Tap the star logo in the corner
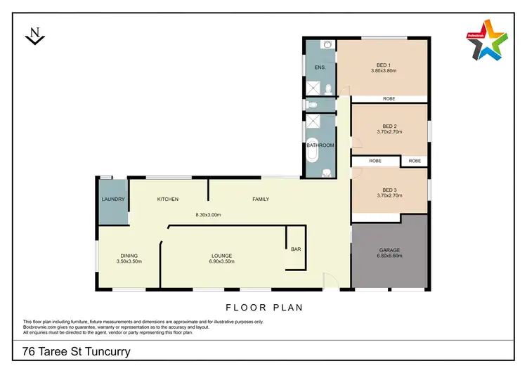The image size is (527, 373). [487, 43]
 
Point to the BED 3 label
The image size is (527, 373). [390, 190]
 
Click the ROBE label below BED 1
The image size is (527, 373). [389, 99]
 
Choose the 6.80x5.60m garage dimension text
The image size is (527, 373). [390, 256]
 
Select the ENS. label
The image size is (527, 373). [319, 67]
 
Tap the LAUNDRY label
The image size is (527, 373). [113, 199]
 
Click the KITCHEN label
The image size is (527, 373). [167, 199]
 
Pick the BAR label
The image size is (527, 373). [295, 248]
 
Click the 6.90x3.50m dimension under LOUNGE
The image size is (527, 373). [222, 261]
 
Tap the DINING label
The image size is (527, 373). [129, 255]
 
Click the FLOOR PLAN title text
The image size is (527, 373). [263, 307]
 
